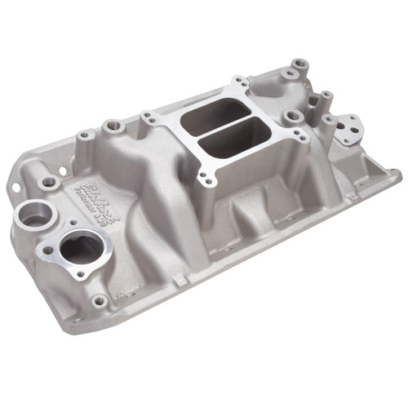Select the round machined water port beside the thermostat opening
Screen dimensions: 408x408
33,216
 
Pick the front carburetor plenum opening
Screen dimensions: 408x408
228,144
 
